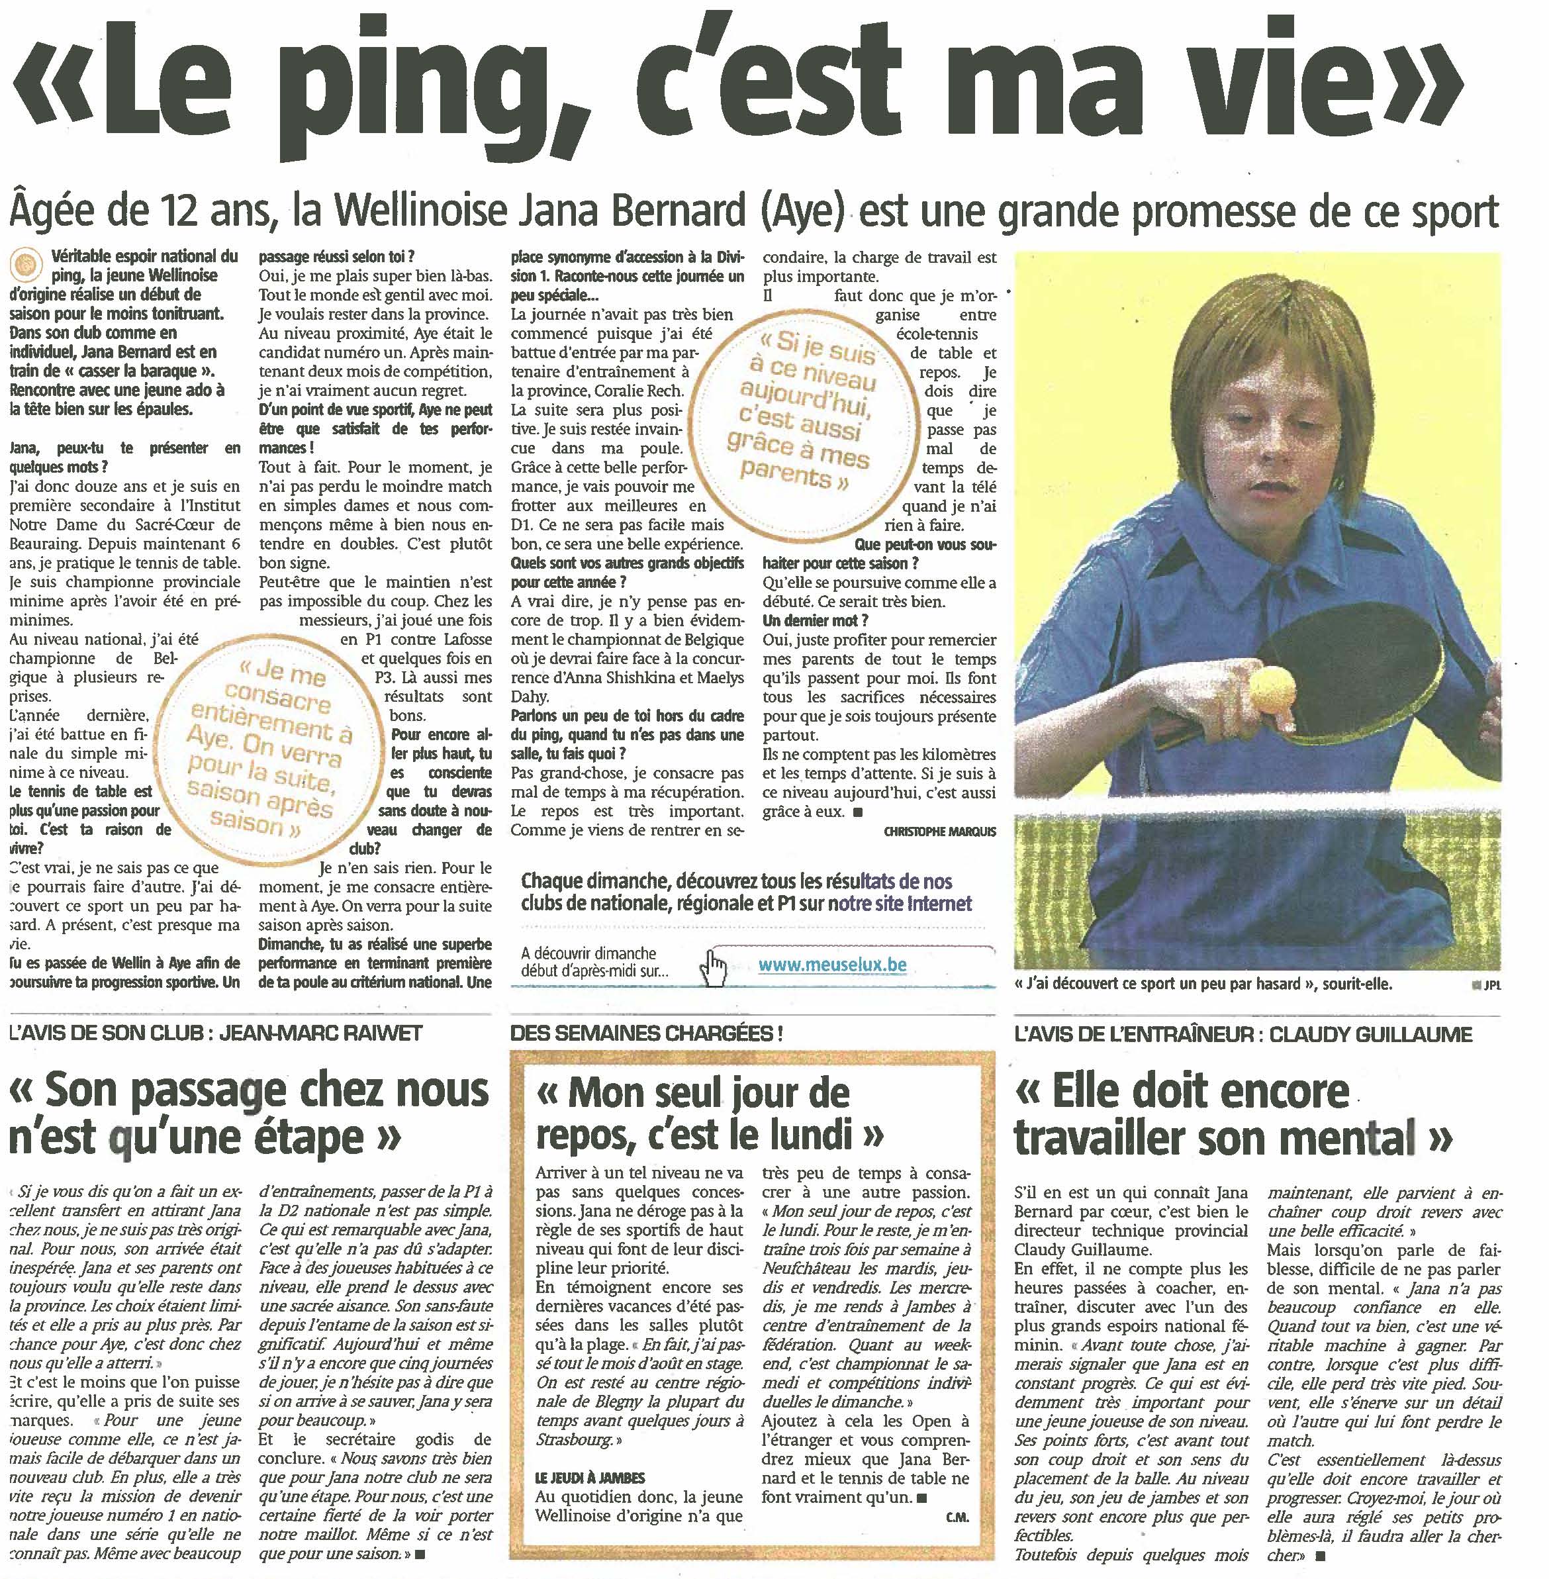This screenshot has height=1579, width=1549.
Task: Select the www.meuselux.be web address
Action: pyautogui.click(x=831, y=965)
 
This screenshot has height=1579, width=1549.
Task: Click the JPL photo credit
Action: pyautogui.click(x=1491, y=985)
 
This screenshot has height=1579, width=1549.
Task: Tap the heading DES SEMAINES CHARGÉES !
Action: pyautogui.click(x=647, y=1034)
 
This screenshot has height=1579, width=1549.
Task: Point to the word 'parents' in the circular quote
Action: pyautogui.click(x=785, y=473)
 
